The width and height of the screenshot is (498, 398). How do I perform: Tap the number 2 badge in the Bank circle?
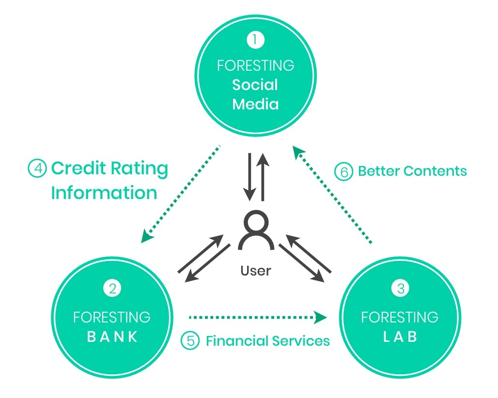(x=112, y=289)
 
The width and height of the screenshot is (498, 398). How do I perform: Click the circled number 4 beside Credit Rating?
(x=37, y=169)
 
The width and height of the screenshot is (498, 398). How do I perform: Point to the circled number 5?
(x=190, y=341)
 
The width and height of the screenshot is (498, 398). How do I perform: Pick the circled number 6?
(x=343, y=172)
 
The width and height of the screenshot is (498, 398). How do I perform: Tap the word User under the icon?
(x=255, y=271)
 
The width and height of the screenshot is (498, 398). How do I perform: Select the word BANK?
(x=112, y=337)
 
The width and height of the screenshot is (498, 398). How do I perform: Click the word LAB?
(x=400, y=337)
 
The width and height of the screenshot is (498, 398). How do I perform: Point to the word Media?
(x=255, y=104)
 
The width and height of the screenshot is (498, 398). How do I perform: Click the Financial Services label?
(x=267, y=341)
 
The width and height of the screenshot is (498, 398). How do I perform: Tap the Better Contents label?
(x=412, y=171)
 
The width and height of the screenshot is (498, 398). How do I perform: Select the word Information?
(x=104, y=193)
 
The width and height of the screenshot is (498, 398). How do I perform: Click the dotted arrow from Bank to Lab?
(x=257, y=318)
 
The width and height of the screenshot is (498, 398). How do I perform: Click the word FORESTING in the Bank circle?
(x=112, y=318)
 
